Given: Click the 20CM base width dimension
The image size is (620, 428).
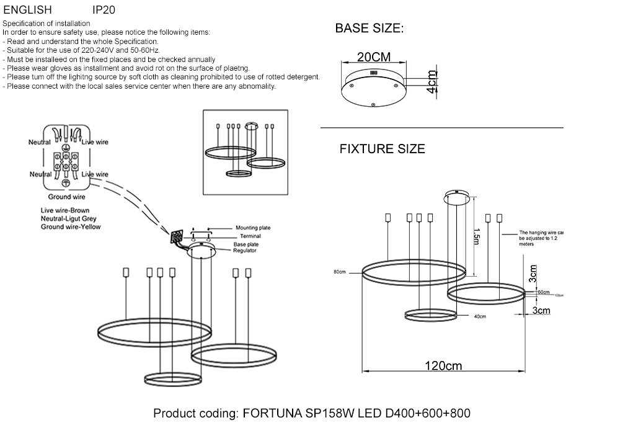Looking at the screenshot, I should pos(374,57).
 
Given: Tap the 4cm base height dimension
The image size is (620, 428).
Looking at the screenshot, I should pos(432,81).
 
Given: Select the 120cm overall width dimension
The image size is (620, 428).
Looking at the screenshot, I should pos(443,365).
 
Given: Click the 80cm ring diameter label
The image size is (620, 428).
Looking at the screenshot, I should pos(339,272).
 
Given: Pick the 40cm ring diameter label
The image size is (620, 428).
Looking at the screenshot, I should pos(479,316).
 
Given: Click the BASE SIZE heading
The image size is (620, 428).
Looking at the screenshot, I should pos(369,29).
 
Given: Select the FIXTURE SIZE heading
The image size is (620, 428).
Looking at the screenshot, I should pos(382,149).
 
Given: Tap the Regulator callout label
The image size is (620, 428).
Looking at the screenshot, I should pos(245,250).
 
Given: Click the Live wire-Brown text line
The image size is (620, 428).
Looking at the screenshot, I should pos(65,211).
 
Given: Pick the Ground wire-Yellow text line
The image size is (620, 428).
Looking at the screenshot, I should pos(70,227).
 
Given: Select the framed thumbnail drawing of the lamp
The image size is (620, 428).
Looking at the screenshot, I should pos(246,152).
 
